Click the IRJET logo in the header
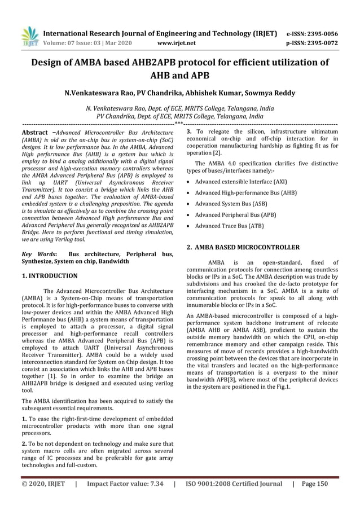(30, 36)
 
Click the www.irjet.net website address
(178, 42)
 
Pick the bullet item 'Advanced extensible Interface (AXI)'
(241, 181)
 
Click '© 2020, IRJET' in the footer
(43, 484)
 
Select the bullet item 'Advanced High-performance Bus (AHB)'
(243, 194)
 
